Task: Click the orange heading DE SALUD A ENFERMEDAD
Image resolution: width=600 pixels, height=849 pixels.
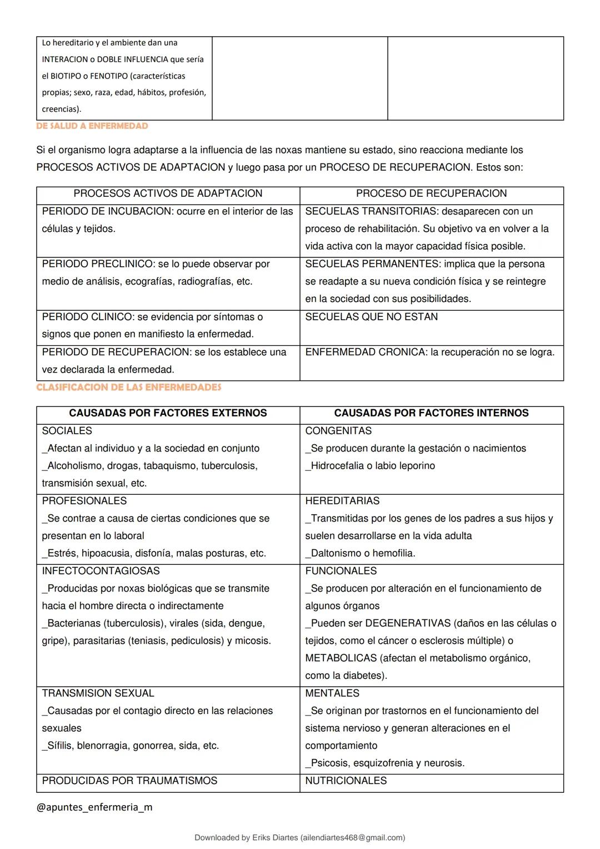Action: (92, 126)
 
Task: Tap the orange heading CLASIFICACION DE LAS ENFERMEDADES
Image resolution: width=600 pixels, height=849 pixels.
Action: (128, 388)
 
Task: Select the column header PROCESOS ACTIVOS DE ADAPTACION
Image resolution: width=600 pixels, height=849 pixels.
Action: (168, 193)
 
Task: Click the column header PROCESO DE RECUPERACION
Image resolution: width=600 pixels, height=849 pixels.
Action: (431, 193)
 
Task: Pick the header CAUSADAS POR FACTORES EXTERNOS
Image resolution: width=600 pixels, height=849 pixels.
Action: (168, 413)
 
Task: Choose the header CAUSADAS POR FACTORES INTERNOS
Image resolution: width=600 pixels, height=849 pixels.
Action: (431, 413)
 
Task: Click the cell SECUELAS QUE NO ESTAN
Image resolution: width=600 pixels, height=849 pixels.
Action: (371, 317)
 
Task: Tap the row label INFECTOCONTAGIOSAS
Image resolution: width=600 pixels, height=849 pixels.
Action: (101, 571)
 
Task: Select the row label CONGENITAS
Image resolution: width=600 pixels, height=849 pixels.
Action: (338, 431)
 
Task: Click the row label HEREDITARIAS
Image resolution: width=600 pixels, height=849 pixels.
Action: (342, 501)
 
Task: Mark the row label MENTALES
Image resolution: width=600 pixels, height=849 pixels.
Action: (332, 693)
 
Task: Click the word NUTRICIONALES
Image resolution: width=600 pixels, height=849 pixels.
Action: (346, 781)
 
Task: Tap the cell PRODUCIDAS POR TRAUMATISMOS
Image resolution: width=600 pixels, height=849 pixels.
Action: (129, 781)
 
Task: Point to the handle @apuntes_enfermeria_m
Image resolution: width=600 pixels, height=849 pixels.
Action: (94, 807)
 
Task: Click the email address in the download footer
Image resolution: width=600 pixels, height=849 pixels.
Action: (352, 837)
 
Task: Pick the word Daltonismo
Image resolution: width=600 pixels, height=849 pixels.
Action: (337, 553)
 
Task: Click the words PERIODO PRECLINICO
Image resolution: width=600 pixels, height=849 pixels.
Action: (98, 264)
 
